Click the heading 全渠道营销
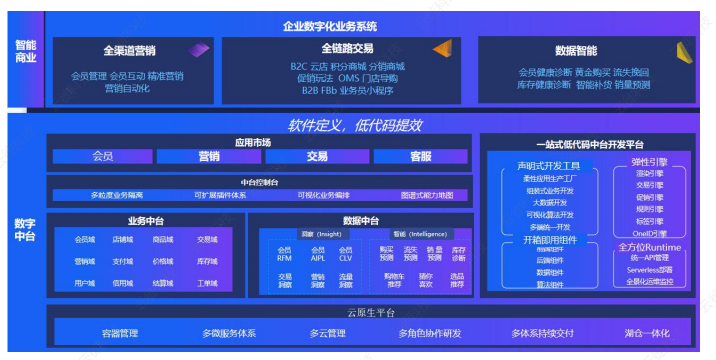click(130, 51)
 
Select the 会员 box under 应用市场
click(103, 157)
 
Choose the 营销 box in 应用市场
click(209, 157)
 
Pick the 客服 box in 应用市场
click(421, 157)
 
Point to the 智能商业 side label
click(25, 52)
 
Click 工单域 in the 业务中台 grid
click(207, 283)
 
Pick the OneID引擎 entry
click(650, 234)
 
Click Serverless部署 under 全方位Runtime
click(650, 269)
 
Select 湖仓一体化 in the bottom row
click(648, 333)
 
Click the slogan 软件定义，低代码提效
click(356, 125)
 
